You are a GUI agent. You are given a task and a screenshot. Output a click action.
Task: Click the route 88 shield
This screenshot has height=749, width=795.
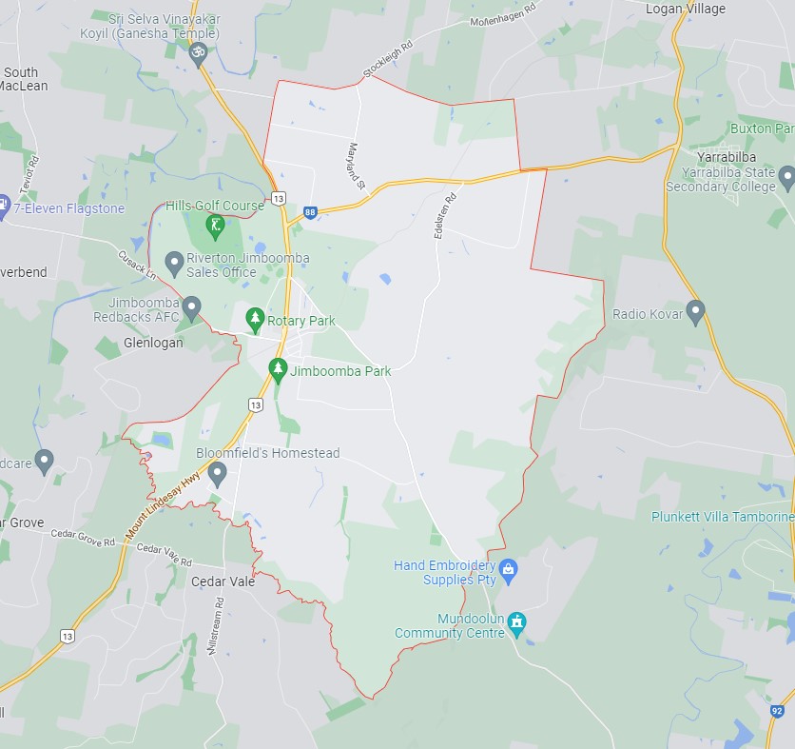[310, 212]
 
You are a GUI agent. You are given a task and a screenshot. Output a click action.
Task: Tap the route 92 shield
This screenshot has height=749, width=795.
[777, 711]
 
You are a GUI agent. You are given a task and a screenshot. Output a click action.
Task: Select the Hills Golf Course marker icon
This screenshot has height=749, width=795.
[216, 226]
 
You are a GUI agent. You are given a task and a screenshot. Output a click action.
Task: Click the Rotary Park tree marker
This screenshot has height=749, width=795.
[254, 319]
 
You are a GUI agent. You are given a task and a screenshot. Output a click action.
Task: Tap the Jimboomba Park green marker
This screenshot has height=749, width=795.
[278, 369]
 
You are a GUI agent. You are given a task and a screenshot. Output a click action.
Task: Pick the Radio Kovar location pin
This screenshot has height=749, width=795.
[696, 310]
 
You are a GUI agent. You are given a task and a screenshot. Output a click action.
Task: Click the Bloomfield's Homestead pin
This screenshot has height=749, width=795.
[217, 472]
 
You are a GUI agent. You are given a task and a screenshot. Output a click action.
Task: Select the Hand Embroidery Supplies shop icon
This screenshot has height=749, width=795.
[509, 570]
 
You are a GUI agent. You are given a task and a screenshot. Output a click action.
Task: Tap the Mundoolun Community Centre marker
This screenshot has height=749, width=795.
[517, 623]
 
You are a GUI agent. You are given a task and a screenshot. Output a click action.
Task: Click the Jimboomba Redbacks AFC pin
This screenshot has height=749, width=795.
[192, 307]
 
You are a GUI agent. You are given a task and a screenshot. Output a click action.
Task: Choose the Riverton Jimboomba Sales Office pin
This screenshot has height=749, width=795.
[174, 261]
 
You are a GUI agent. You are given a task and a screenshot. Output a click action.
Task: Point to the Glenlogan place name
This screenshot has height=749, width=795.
[153, 343]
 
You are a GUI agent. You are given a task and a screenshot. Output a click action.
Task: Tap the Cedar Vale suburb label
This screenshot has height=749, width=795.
[223, 581]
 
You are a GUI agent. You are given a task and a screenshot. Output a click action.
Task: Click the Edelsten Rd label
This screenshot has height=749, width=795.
[446, 215]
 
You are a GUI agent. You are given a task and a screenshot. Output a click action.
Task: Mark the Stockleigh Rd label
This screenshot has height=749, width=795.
[387, 59]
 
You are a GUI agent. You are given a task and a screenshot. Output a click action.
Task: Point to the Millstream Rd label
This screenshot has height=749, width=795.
[215, 624]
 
